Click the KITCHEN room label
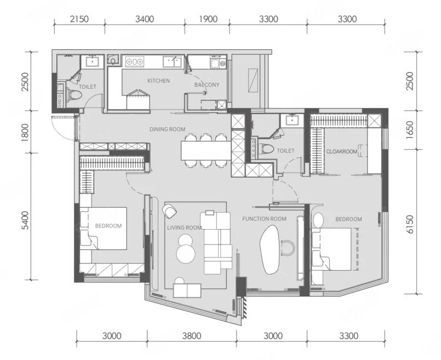click(159, 81)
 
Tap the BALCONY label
click(207, 84)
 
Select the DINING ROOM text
click(167, 129)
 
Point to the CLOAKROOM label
click(342, 152)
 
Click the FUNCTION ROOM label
click(265, 219)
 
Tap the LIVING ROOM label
click(185, 227)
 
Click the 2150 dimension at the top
click(79, 19)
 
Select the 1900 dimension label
click(208, 19)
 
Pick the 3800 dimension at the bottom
click(192, 336)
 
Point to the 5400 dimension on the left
click(25, 220)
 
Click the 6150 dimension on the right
click(410, 224)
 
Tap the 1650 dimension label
click(410, 130)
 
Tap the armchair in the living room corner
click(170, 211)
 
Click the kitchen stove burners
click(134, 61)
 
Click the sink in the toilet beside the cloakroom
click(293, 120)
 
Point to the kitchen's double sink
click(172, 61)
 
